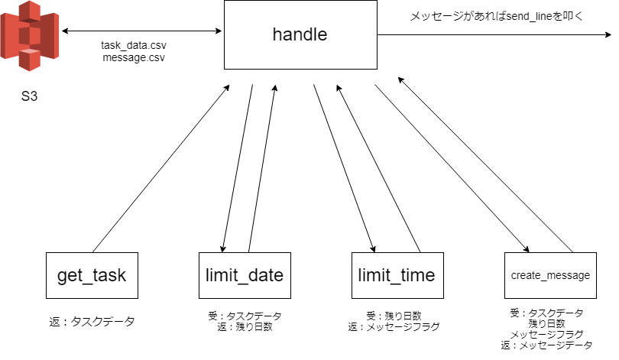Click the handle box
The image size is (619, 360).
pos(300,34)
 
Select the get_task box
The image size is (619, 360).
pos(92,275)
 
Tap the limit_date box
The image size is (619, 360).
pos(245,275)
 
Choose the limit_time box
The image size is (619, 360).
pos(396,275)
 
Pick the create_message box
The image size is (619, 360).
pos(550,275)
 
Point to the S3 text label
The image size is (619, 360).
pos(30,99)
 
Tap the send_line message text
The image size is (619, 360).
pos(497,15)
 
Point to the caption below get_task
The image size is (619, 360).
pos(92,322)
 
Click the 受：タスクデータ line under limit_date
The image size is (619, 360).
pos(245,316)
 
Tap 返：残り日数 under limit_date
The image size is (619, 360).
pos(245,326)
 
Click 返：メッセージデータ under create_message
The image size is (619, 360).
pos(546,345)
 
